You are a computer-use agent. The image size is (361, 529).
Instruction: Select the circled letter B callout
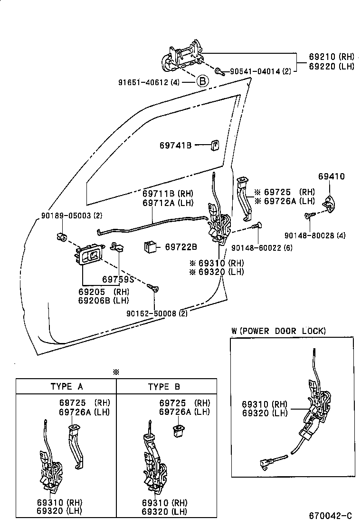202,81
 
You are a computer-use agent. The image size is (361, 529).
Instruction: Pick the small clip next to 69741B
215,145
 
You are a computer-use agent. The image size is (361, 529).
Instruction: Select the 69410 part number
331,176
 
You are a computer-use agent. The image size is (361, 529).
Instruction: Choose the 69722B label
181,247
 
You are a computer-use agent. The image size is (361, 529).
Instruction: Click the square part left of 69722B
151,247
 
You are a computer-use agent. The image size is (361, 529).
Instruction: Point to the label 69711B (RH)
168,194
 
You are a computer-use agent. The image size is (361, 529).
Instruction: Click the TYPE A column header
66,387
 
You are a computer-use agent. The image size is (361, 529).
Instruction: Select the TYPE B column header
164,387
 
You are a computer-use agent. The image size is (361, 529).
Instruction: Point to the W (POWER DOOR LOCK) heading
278,331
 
